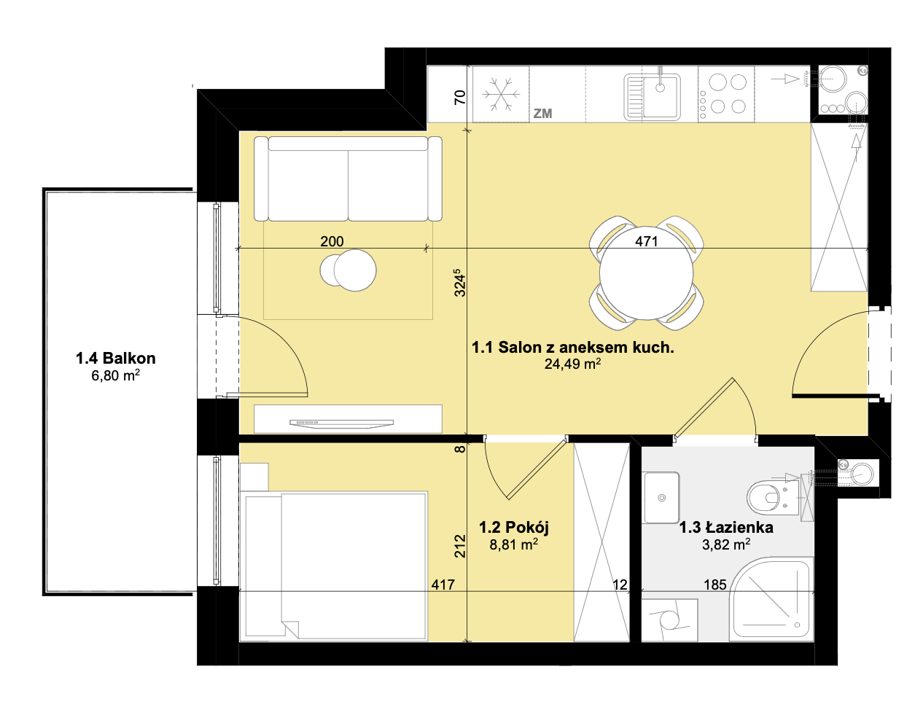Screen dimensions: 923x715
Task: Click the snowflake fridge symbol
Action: [x=501, y=94]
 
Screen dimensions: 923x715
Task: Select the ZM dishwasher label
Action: [x=542, y=114]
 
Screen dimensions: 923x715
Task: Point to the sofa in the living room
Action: [x=348, y=179]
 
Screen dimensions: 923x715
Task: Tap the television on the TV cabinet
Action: [x=341, y=423]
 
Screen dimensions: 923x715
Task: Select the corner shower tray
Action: [x=771, y=599]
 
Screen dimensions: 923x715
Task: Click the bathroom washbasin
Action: [x=661, y=497]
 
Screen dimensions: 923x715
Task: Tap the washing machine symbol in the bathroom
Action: [x=669, y=620]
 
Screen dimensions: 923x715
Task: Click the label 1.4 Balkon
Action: [x=115, y=359]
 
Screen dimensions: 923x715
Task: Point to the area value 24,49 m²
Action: [x=572, y=364]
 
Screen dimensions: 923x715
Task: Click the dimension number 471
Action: [x=646, y=241]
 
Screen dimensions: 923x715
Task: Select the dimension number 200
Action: [x=332, y=241]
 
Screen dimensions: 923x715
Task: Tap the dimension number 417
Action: [x=443, y=585]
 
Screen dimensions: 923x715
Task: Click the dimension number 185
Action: [x=715, y=585]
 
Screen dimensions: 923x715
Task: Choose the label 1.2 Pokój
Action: [x=514, y=528]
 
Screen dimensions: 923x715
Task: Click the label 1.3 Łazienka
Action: [x=726, y=528]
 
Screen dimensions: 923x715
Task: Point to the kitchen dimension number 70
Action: [x=459, y=98]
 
